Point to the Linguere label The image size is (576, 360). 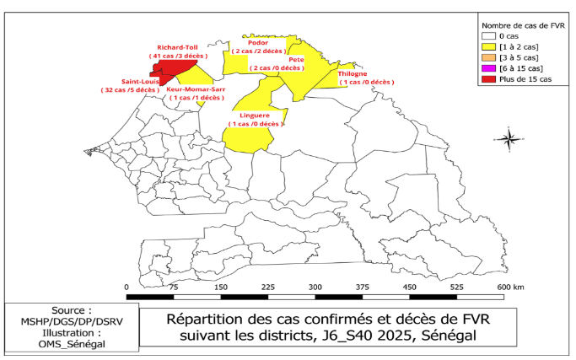tap(255, 116)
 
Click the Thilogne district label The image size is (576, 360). tap(353, 74)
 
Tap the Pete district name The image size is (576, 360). tap(296, 60)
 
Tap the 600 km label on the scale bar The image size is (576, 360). tap(510, 287)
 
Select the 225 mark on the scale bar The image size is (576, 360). tap(268, 287)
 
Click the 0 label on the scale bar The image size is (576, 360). tap(127, 287)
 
